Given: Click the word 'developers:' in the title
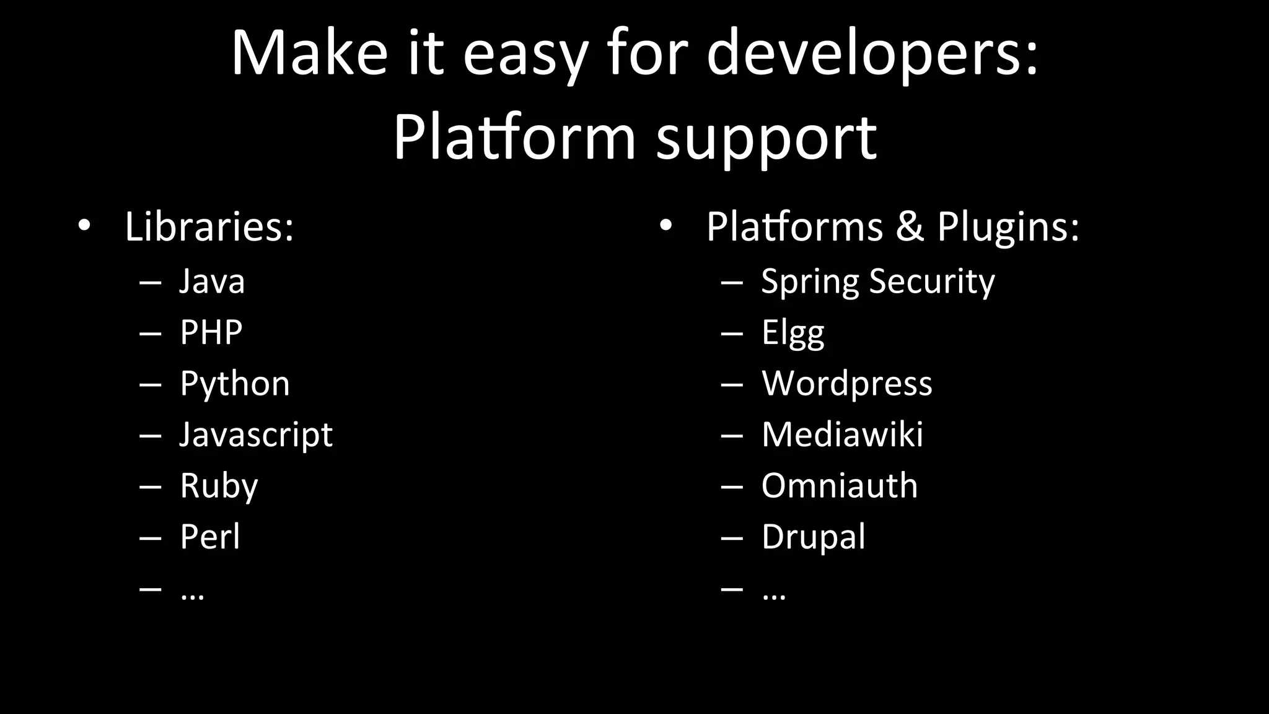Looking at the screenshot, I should (872, 53).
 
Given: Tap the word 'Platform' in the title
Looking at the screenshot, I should (514, 138).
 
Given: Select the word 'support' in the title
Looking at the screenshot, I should (766, 138).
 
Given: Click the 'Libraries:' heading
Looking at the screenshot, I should (209, 227).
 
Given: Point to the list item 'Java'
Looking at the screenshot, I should (212, 281).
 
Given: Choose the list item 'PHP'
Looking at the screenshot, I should (211, 332).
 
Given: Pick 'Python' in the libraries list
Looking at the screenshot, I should (234, 384).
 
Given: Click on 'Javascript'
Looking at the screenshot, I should (255, 434).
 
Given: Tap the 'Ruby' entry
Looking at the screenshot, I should (218, 486).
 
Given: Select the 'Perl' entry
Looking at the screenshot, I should (209, 537).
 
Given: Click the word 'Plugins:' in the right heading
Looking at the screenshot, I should (1008, 227).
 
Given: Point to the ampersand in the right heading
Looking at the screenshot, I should (909, 227).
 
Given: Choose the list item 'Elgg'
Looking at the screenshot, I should (793, 333).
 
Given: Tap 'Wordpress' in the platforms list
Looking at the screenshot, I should (846, 384).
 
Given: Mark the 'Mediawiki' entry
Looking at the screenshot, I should (842, 434).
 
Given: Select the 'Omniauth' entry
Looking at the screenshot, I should (839, 486).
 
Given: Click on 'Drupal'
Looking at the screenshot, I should (813, 537).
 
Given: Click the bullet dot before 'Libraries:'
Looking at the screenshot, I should (84, 226).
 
